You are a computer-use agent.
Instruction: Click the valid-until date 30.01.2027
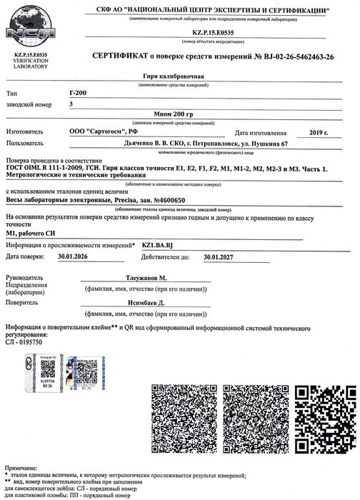(x=220, y=256)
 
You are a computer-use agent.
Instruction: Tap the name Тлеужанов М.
(x=162, y=276)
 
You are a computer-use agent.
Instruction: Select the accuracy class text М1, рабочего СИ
(x=35, y=233)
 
